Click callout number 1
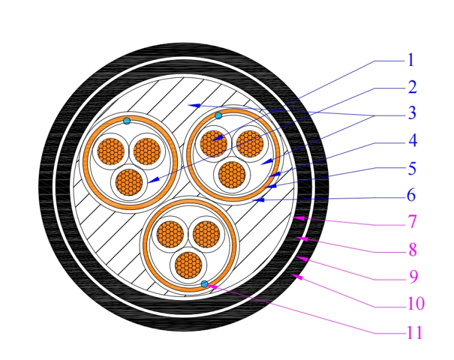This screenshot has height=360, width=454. click(x=410, y=60)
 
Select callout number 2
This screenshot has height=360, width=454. click(x=412, y=87)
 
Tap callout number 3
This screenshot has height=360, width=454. click(x=412, y=113)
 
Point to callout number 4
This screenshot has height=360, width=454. click(x=413, y=140)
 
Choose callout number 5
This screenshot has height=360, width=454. click(x=412, y=168)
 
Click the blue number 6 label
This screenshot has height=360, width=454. click(x=412, y=195)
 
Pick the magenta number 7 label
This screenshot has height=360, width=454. click(x=412, y=222)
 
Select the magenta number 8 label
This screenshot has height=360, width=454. click(x=413, y=249)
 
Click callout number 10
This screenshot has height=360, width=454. click(x=416, y=304)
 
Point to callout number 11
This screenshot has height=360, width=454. click(x=415, y=332)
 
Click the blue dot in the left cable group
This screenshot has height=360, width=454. click(x=127, y=121)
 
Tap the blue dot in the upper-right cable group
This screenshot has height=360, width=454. click(x=219, y=116)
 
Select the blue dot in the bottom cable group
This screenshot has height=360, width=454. click(x=205, y=284)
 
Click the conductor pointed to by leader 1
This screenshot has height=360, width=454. click(x=214, y=144)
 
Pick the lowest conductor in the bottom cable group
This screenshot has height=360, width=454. click(x=188, y=265)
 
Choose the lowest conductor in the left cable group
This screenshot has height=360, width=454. click(x=129, y=182)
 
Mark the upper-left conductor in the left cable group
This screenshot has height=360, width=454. click(x=111, y=151)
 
